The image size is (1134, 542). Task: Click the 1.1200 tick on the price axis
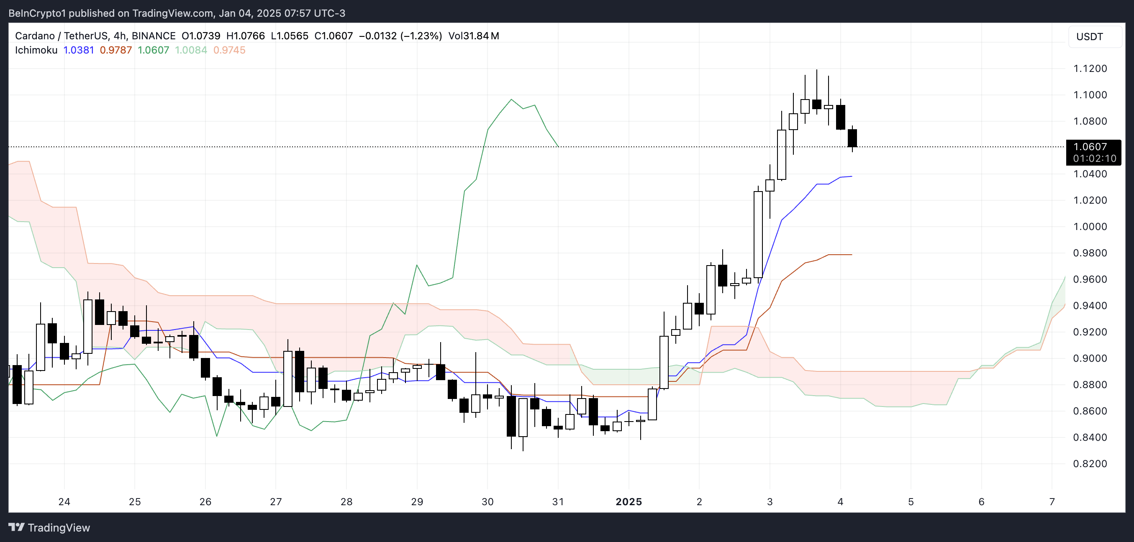[x=1090, y=69]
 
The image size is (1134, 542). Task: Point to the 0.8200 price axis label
[x=1090, y=464]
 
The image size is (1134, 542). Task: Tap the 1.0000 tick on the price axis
[x=1090, y=227]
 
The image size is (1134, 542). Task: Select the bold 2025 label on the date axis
[x=628, y=502]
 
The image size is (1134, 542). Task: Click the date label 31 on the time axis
[x=558, y=502]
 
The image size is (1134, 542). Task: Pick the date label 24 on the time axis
[x=64, y=502]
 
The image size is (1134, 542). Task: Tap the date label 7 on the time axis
[x=1052, y=502]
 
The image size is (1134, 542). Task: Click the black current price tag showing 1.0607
[x=1093, y=152]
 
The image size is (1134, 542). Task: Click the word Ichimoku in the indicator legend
[x=36, y=50]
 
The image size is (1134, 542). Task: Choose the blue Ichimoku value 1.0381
[x=79, y=50]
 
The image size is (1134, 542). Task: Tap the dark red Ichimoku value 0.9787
[x=116, y=50]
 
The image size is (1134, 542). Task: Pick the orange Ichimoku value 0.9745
[x=229, y=50]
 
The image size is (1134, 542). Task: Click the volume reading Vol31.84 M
[x=474, y=36]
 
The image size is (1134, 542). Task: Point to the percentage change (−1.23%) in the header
[x=421, y=36]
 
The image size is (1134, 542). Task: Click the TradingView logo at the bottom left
[x=49, y=527]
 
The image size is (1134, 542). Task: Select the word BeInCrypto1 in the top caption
[x=37, y=13]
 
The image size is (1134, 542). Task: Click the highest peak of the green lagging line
[x=511, y=100]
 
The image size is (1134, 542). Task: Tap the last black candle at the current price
[x=852, y=138]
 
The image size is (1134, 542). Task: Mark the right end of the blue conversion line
[x=852, y=176]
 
